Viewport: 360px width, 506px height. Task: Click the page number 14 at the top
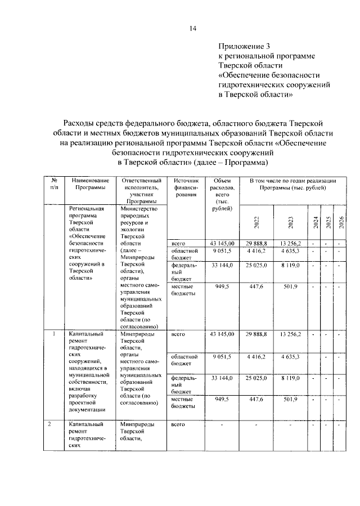[x=192, y=28]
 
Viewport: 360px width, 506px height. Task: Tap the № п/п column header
[x=55, y=184]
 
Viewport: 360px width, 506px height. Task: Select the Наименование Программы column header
[x=88, y=184]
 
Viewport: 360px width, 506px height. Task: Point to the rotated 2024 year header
[x=316, y=222]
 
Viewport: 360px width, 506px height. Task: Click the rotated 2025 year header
[x=328, y=222]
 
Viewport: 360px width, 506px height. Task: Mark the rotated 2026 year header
[x=340, y=222]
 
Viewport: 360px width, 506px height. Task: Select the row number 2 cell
[x=54, y=424]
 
